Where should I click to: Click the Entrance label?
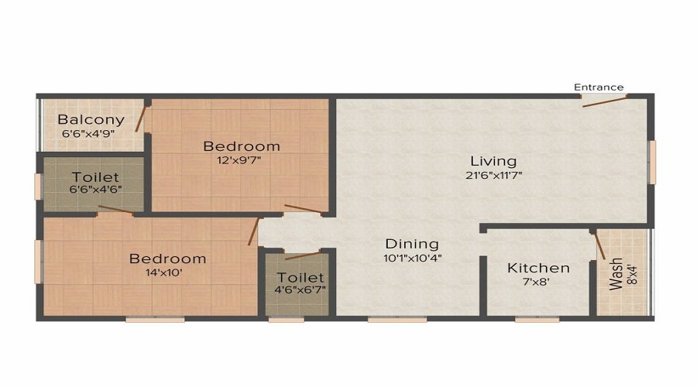click(x=598, y=87)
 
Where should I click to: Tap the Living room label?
click(x=493, y=161)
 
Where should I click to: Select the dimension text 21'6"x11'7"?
click(x=493, y=175)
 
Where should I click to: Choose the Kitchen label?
click(x=538, y=268)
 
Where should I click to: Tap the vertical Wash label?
click(x=616, y=273)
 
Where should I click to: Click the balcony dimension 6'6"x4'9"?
click(x=91, y=133)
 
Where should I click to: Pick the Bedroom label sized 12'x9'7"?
click(x=242, y=146)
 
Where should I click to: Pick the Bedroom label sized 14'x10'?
click(x=167, y=259)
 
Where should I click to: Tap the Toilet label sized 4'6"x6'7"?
click(x=300, y=277)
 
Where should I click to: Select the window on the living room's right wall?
click(x=652, y=162)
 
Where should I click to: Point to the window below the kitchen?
click(x=537, y=318)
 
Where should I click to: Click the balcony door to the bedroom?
click(x=140, y=117)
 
